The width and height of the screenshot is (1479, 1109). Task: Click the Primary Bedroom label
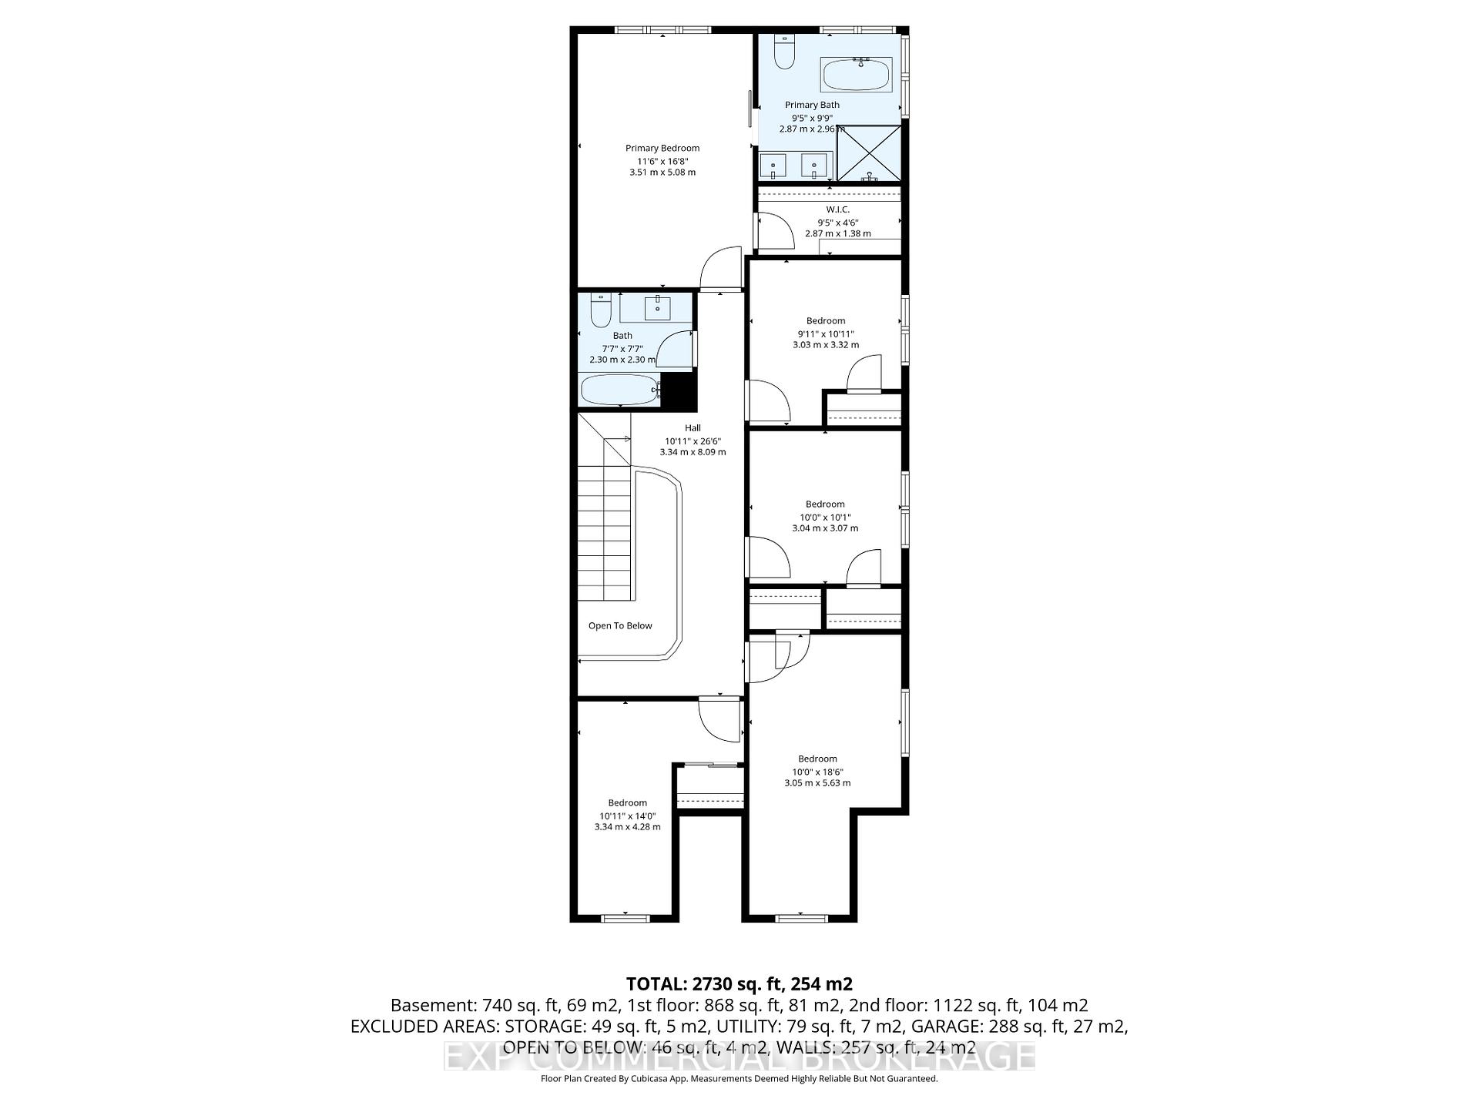click(662, 148)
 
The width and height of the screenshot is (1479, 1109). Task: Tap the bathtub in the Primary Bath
click(856, 75)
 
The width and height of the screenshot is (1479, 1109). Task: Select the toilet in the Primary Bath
click(784, 52)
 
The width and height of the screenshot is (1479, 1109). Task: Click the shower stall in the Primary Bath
click(869, 153)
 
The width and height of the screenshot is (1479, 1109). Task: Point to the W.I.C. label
click(837, 209)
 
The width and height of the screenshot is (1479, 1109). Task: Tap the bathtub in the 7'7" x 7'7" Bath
click(619, 389)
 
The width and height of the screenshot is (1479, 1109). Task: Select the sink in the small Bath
click(658, 308)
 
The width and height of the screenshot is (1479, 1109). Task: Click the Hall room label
click(693, 428)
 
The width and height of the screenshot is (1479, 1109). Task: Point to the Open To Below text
click(620, 625)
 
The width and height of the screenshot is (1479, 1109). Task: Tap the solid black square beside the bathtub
click(679, 390)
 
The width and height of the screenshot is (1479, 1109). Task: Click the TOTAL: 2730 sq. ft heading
click(739, 983)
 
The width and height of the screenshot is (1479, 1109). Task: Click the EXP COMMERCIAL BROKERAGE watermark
click(739, 1057)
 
